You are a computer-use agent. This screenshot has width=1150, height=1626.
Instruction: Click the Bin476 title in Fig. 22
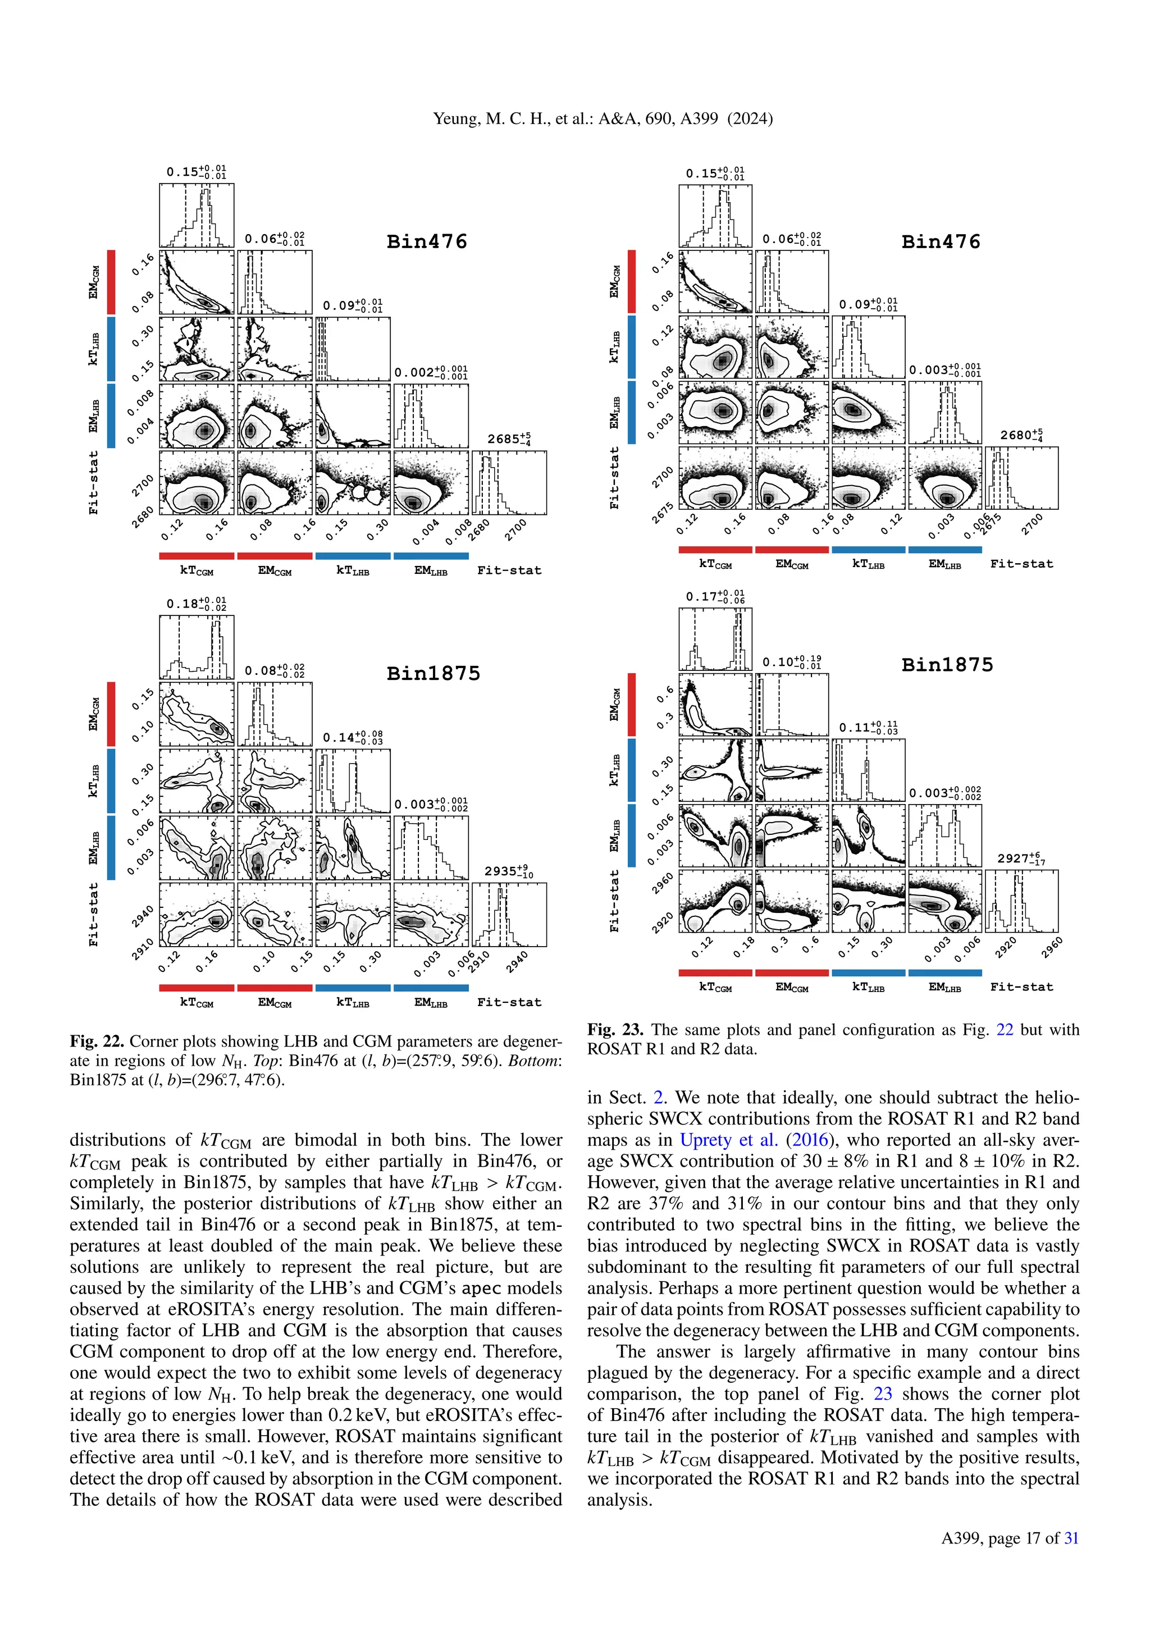click(x=427, y=241)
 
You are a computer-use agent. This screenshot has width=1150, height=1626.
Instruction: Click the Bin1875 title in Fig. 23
click(x=947, y=664)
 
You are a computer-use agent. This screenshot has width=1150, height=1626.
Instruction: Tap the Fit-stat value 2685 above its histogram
click(x=504, y=439)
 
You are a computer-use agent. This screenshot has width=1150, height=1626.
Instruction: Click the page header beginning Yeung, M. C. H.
click(x=603, y=118)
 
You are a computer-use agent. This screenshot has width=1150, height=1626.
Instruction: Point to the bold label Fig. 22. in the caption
click(x=97, y=1041)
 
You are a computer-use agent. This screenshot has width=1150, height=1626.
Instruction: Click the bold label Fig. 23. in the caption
click(x=615, y=1029)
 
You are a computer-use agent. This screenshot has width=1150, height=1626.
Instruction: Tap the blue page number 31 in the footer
click(x=1071, y=1537)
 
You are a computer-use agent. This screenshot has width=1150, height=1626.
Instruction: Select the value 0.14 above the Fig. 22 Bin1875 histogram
click(x=339, y=737)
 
